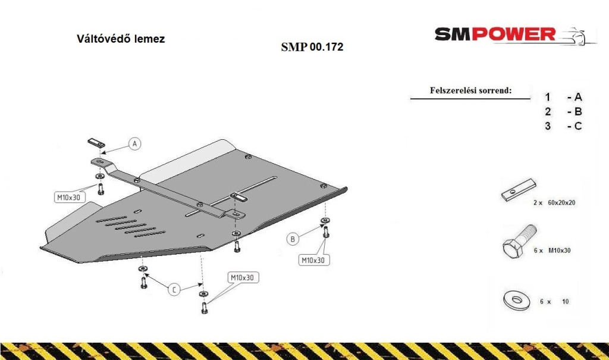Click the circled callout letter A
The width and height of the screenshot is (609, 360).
(x=135, y=143)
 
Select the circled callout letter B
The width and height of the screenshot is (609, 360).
(x=293, y=239)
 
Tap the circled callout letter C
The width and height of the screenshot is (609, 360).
(x=174, y=289)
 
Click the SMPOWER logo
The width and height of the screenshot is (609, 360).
(x=515, y=35)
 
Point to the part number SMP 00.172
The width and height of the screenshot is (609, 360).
(x=312, y=46)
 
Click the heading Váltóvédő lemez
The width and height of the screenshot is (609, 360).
(x=121, y=39)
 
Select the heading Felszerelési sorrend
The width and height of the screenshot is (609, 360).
(x=470, y=90)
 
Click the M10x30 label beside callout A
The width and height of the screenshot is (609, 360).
(x=69, y=197)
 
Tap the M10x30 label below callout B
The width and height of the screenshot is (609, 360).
(x=313, y=260)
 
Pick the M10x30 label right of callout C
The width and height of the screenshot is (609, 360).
(x=243, y=277)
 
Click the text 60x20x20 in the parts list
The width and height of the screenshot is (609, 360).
(x=561, y=202)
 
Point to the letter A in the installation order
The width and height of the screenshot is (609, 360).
(x=578, y=97)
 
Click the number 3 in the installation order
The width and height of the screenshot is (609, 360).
(x=548, y=126)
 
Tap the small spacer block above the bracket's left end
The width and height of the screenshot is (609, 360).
(x=96, y=143)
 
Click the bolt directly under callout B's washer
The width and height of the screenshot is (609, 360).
(x=325, y=232)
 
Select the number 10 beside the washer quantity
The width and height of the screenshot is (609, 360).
(x=565, y=301)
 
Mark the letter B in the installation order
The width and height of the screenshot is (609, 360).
(x=578, y=112)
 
